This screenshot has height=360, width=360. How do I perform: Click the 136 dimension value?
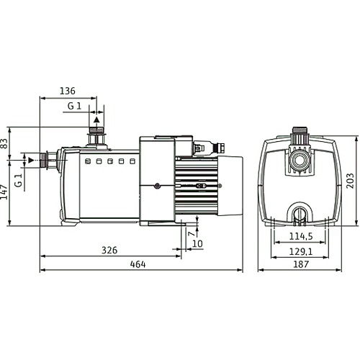pyautogui.click(x=68, y=91)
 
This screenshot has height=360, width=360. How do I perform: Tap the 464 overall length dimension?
pyautogui.click(x=138, y=264)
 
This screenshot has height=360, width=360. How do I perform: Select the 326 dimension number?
pyautogui.click(x=109, y=251)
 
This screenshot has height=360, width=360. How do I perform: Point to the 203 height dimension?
pyautogui.click(x=350, y=181)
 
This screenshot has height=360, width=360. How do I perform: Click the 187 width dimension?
pyautogui.click(x=301, y=264)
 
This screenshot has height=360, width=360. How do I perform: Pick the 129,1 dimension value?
pyautogui.click(x=301, y=251)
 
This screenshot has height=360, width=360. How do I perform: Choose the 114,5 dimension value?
pyautogui.click(x=301, y=236)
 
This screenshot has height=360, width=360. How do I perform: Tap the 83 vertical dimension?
pyautogui.click(x=5, y=143)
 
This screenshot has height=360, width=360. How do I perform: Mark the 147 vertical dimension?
pyautogui.click(x=5, y=192)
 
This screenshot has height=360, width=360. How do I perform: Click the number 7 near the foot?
pyautogui.click(x=192, y=233)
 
